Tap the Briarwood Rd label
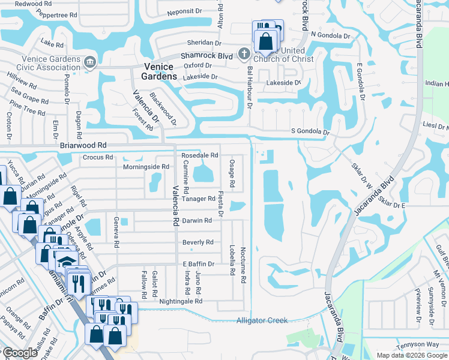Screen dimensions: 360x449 83,145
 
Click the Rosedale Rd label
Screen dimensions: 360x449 199,155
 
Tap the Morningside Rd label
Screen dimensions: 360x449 146,166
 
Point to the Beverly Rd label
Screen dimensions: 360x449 197,242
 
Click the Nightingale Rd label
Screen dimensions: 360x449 181,301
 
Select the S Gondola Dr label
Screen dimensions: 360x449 310,131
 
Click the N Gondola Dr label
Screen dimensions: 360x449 330,36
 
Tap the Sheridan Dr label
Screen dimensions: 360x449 205,43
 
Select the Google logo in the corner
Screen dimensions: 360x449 19,353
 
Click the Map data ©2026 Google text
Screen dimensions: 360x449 411,355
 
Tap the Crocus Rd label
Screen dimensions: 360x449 97,158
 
